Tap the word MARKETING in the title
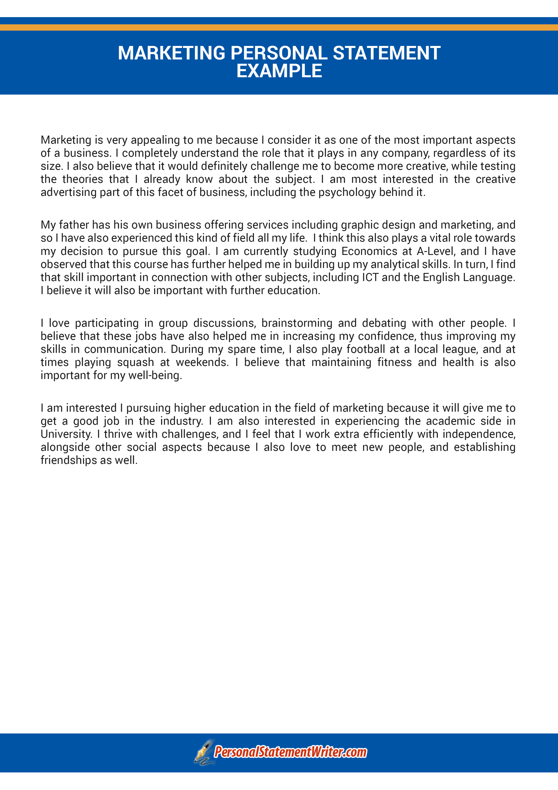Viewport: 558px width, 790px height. pyautogui.click(x=171, y=53)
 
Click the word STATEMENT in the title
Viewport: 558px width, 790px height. pyautogui.click(x=387, y=53)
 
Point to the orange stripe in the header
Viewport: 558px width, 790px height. pyautogui.click(x=279, y=27)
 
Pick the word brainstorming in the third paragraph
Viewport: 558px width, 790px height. pyautogui.click(x=297, y=323)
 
